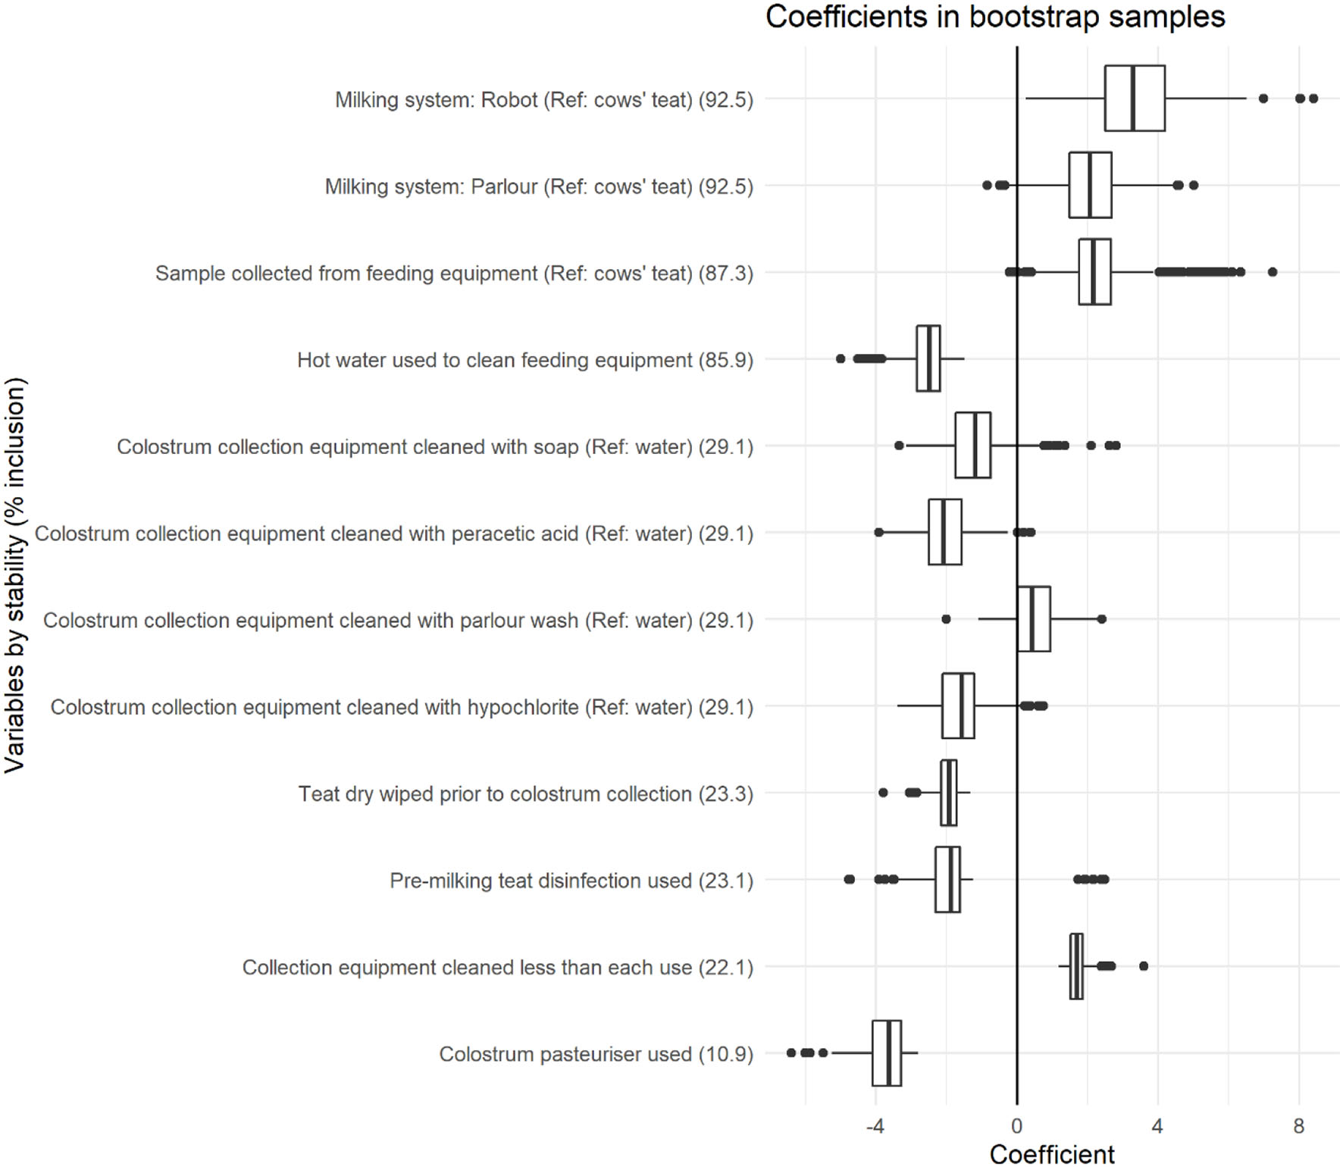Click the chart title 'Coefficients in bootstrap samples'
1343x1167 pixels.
coord(994,17)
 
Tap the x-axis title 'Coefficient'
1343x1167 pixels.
coord(1051,1153)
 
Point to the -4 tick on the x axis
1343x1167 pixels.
coord(875,1126)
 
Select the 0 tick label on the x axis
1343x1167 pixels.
coord(1016,1126)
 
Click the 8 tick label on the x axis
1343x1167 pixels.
coord(1298,1126)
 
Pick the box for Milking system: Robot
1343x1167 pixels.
coord(1134,99)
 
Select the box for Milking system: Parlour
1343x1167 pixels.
coord(1090,185)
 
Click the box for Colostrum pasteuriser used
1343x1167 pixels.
coord(886,1053)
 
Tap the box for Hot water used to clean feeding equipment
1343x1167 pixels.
coord(928,358)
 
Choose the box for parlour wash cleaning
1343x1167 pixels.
coord(1033,619)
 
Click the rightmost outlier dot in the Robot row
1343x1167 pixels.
coord(1313,99)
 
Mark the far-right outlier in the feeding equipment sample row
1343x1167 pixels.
coord(1273,272)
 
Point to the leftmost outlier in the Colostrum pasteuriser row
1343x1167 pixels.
coord(791,1053)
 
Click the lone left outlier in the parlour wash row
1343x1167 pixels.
coord(946,619)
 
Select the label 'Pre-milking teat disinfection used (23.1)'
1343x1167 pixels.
coord(571,881)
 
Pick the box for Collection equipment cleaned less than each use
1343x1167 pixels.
coord(1076,966)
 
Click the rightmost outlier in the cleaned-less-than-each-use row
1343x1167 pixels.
coord(1144,966)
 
